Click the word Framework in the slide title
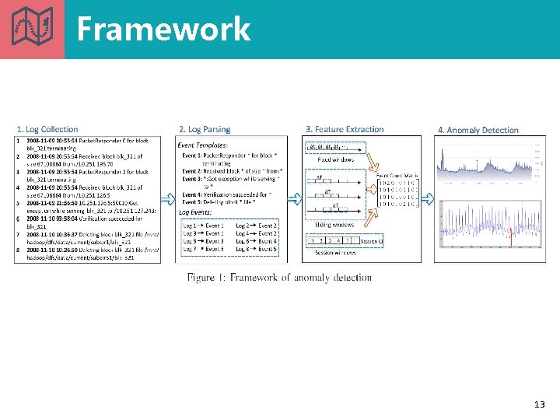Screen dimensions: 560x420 pyautogui.click(x=163, y=30)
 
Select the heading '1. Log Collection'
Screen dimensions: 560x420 pyautogui.click(x=47, y=129)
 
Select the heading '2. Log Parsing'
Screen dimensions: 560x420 pyautogui.click(x=205, y=129)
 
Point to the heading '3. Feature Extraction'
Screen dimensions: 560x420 pyautogui.click(x=345, y=129)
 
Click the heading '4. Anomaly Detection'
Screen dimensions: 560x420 pyautogui.click(x=478, y=130)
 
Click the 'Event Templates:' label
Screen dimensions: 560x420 pyautogui.click(x=204, y=145)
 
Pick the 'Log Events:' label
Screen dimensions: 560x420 pyautogui.click(x=196, y=212)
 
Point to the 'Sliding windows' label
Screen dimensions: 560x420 pyautogui.click(x=334, y=225)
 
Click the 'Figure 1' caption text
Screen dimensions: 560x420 pyautogui.click(x=279, y=278)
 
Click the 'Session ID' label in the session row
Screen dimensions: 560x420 pyautogui.click(x=372, y=241)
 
